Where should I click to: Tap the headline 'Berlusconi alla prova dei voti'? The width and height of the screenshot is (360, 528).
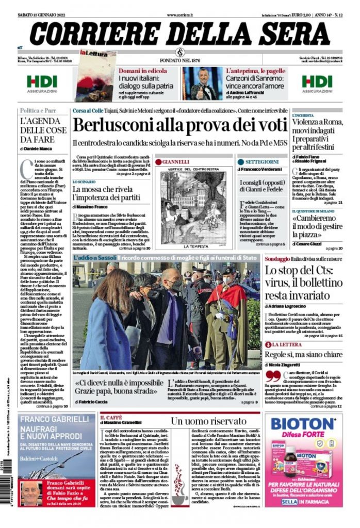172,125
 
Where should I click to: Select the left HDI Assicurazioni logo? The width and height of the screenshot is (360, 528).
42,83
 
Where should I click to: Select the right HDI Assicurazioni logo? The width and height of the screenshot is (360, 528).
317,83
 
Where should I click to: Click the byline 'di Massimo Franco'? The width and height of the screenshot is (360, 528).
91,206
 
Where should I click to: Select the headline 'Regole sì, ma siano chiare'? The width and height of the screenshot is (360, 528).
303,354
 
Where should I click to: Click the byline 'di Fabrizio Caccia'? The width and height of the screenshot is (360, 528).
90,401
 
